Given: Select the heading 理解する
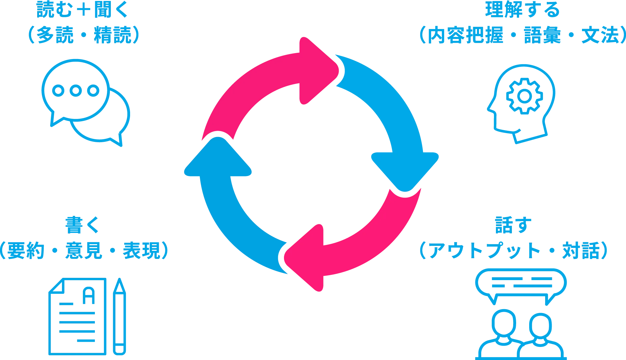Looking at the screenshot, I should point(522,10).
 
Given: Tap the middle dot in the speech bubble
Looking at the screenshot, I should point(76,90).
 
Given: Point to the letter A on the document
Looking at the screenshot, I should point(89,296).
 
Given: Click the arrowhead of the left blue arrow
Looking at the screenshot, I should point(218,157).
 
